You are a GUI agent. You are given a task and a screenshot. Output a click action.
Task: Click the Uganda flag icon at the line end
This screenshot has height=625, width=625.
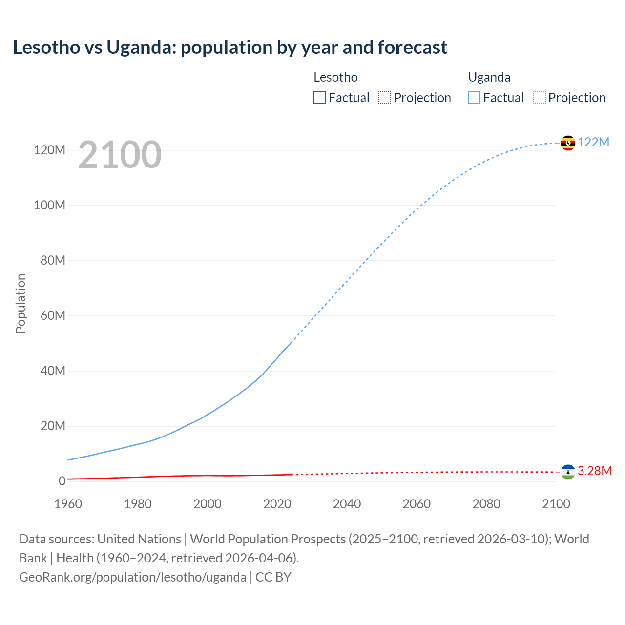click(x=568, y=143)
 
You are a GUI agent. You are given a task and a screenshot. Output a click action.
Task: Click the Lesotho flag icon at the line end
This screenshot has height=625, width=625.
click(x=568, y=472)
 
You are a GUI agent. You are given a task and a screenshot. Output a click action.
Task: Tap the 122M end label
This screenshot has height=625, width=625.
click(x=593, y=142)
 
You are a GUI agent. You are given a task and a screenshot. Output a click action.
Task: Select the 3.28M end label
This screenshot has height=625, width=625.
click(x=594, y=471)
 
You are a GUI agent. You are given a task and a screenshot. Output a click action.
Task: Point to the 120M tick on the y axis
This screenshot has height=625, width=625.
click(x=49, y=150)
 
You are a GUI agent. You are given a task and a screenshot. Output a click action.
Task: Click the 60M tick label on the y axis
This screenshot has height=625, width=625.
click(x=53, y=315)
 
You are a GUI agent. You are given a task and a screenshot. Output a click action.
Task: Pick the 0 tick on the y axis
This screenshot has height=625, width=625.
click(x=62, y=481)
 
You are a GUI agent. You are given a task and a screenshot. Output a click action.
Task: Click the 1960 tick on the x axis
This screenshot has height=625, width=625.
click(x=68, y=504)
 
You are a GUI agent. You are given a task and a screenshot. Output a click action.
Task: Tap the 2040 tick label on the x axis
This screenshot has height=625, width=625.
click(x=347, y=504)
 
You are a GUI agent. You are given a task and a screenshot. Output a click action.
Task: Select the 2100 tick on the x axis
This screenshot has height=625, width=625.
click(x=556, y=504)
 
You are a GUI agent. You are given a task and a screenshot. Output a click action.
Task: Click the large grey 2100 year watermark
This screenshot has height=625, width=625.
click(x=120, y=155)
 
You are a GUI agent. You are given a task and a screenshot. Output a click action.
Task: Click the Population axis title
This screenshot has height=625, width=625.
click(x=21, y=303)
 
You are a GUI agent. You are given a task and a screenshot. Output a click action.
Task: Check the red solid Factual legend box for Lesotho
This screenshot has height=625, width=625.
click(x=319, y=98)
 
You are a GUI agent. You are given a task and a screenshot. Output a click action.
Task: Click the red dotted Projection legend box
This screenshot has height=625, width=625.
click(x=384, y=98)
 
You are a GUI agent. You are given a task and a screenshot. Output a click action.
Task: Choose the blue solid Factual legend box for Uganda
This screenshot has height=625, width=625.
click(x=474, y=98)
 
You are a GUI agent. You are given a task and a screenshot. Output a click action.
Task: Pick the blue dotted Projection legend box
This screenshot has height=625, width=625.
click(x=539, y=98)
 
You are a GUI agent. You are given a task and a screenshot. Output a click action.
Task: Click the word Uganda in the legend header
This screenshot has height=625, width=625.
click(x=489, y=77)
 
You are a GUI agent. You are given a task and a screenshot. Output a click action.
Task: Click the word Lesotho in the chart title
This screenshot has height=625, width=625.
click(x=46, y=47)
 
